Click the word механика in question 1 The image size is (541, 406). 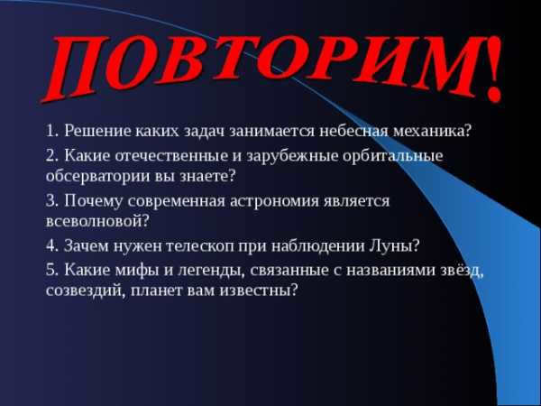(x=429, y=131)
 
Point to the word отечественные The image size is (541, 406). (x=171, y=156)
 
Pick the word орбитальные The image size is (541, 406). (x=393, y=157)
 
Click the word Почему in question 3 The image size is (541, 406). (x=93, y=202)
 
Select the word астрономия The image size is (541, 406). (x=275, y=202)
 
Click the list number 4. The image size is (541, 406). (x=51, y=246)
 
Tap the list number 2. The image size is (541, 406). (x=51, y=156)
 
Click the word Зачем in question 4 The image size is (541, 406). (x=86, y=245)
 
